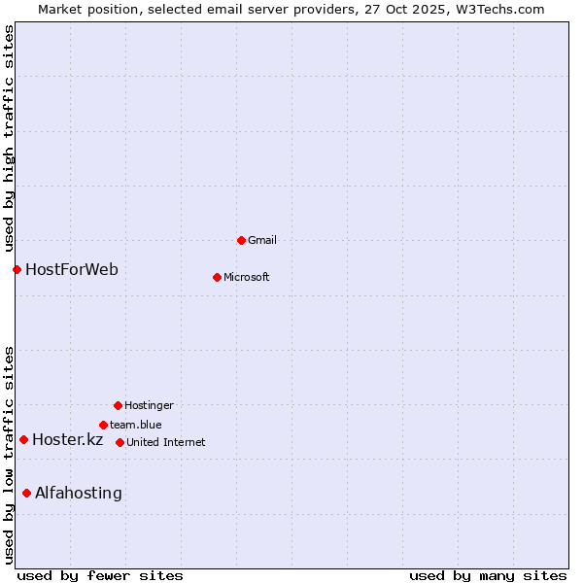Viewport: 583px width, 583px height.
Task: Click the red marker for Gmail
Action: coord(241,240)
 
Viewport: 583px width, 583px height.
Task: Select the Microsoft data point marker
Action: coord(217,277)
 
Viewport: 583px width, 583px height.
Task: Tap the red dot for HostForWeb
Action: coord(17,269)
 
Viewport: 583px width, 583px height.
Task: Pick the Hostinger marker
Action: coord(118,405)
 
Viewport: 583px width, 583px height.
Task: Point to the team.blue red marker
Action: coord(103,425)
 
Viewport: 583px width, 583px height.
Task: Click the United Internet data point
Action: coord(120,442)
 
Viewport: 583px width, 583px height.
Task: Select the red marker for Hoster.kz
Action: coord(23,439)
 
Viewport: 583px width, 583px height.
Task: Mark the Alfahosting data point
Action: coord(26,493)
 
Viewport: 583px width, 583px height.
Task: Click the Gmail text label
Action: coord(262,240)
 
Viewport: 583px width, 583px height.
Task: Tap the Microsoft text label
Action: coord(247,277)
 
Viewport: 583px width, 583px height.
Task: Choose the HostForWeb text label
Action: coord(72,269)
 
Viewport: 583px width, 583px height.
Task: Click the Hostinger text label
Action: coord(149,405)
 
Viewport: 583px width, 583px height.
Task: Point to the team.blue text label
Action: coord(136,425)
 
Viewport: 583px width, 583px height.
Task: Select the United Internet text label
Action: coord(166,442)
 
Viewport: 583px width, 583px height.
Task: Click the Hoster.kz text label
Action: coord(67,439)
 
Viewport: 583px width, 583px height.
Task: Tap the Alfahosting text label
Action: coord(79,493)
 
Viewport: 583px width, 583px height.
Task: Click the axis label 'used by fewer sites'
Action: coord(100,575)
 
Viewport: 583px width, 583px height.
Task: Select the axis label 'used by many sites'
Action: coord(488,575)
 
